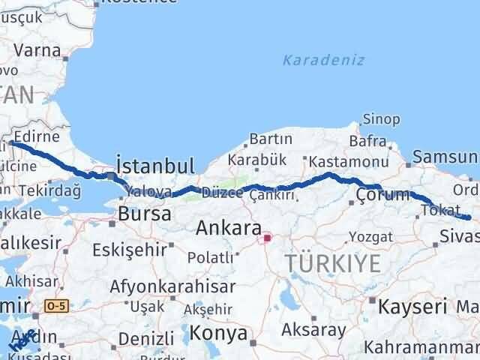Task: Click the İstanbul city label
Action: click(x=155, y=165)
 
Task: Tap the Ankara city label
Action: click(x=229, y=228)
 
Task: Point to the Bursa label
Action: click(x=144, y=214)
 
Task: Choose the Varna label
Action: click(x=35, y=51)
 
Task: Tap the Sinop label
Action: click(x=381, y=118)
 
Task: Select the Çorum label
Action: click(x=382, y=195)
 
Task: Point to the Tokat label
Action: click(x=440, y=211)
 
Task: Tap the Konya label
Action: click(x=219, y=331)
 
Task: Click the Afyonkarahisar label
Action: click(x=172, y=286)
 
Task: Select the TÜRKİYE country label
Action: click(x=332, y=262)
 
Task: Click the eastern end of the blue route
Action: click(x=468, y=217)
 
